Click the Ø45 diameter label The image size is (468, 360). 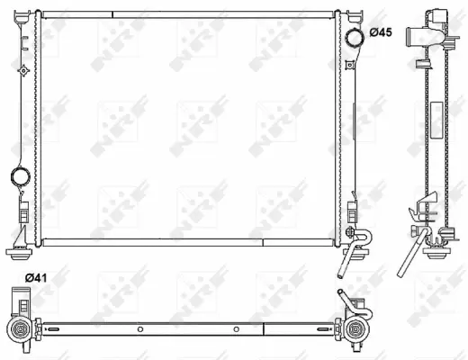tap(379, 33)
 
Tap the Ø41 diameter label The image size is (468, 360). tap(35, 277)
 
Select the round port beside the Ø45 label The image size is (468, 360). tap(353, 35)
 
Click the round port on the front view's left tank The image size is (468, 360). tap(19, 176)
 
